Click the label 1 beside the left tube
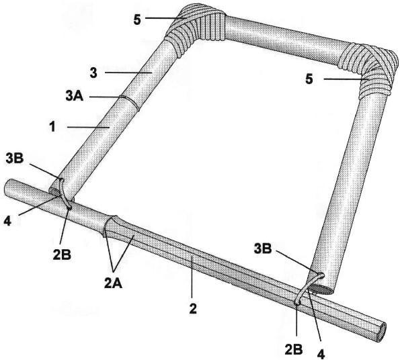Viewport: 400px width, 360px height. [52, 127]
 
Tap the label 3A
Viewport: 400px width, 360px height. [75, 96]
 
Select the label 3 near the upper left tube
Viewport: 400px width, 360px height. [93, 73]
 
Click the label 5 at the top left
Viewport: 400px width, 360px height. [137, 19]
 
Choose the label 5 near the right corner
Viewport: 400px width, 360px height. [309, 79]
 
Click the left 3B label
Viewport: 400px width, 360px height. [15, 159]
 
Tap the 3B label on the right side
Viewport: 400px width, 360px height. [263, 249]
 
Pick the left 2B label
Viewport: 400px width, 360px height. [62, 255]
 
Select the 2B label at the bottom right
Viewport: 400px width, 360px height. [294, 350]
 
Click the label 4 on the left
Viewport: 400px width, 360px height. [7, 221]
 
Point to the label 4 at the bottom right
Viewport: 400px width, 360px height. [321, 354]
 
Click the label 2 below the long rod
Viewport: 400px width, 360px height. [193, 309]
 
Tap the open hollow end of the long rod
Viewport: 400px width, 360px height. [380, 331]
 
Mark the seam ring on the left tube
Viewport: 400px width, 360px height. [130, 103]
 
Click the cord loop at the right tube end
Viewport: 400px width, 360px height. [308, 289]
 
